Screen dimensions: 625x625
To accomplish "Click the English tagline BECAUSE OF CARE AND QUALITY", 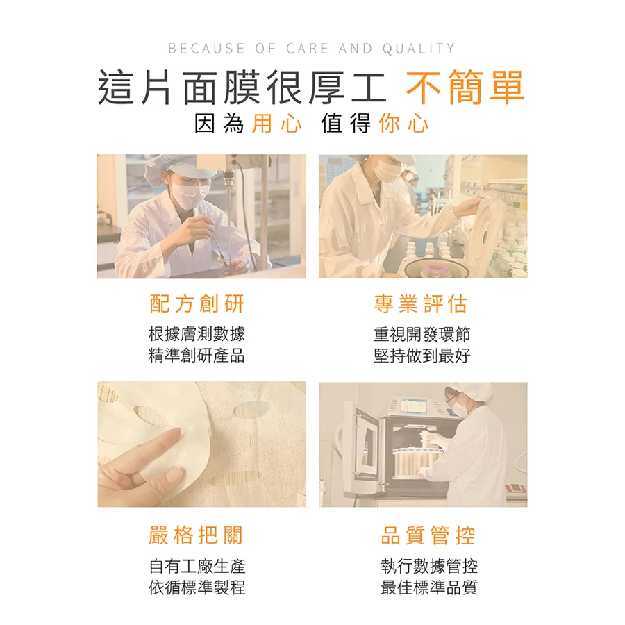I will coord(312,49).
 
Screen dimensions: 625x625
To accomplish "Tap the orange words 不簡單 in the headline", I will coord(465,88).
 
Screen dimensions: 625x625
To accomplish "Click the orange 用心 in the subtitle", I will coord(276,124).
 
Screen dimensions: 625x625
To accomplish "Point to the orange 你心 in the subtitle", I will coord(404,124).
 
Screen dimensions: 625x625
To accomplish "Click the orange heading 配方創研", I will coord(197,303).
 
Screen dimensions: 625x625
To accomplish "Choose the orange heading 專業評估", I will coord(421,303).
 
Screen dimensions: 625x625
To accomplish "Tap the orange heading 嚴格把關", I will coord(197,535).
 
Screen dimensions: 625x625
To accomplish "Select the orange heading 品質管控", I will coord(428,535).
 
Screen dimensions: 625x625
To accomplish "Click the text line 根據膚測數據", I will coord(197,334).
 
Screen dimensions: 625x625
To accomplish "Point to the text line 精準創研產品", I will coord(197,356).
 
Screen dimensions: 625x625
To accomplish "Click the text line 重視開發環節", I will coord(422,334).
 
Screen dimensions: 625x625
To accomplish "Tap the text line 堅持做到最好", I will coord(422,356).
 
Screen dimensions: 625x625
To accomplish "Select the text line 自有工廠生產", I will coord(197,566).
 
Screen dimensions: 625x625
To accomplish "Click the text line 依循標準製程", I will coord(197,587).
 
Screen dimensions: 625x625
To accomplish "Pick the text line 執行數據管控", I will coord(428,566).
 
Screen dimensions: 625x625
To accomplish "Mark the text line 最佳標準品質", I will coord(428,587).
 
